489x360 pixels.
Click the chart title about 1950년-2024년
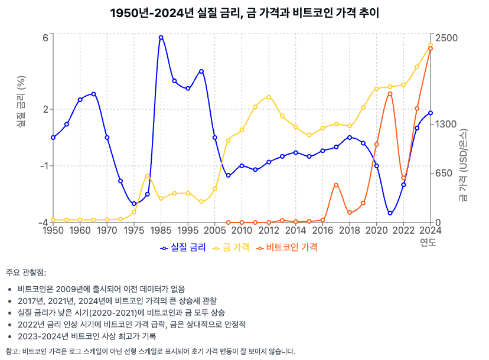coord(244,13)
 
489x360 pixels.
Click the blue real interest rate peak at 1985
coord(161,37)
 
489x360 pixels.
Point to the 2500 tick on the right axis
coord(446,38)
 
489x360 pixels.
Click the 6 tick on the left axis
coord(45,38)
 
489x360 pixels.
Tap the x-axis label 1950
coord(53,231)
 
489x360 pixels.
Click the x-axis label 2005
coord(214,231)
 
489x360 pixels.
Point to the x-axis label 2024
coord(431,231)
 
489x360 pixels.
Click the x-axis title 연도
coord(429,243)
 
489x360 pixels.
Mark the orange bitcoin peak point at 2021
coord(390,94)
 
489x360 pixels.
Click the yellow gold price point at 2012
coord(269,97)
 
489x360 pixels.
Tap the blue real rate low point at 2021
coord(390,213)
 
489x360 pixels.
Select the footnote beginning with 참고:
coord(150,351)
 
